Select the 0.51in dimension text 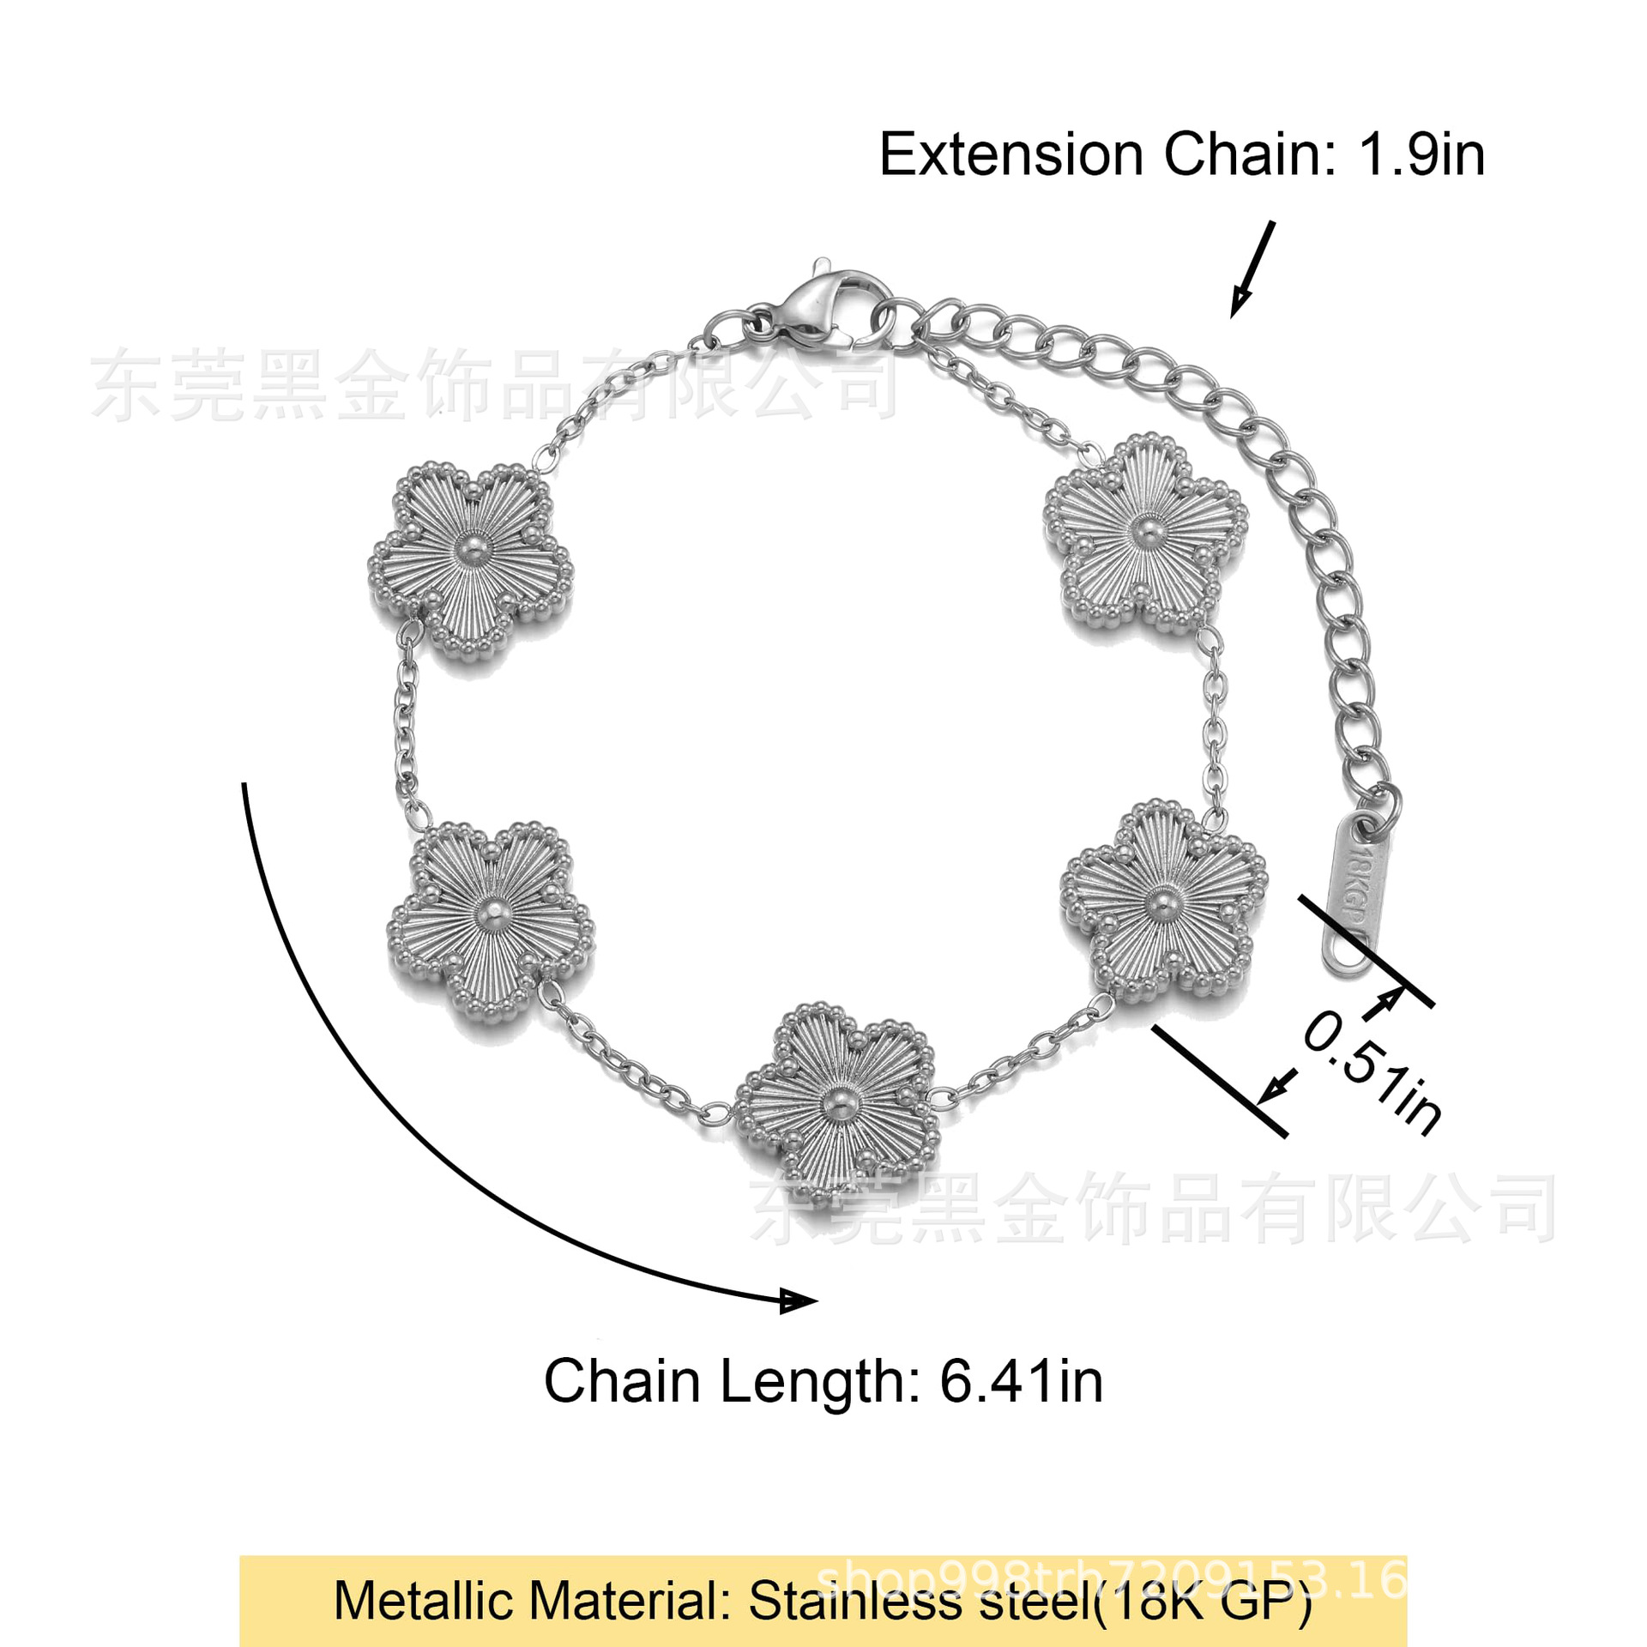[1372, 1073]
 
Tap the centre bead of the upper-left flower [469, 546]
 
